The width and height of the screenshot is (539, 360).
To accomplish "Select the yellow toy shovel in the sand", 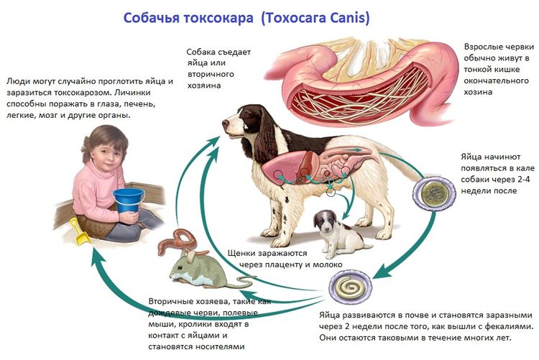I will (x=80, y=231).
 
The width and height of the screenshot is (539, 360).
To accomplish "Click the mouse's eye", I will (x=180, y=267).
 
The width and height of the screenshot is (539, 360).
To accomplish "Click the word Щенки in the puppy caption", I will (x=244, y=253).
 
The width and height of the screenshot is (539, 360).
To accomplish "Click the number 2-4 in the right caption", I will (x=517, y=180).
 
